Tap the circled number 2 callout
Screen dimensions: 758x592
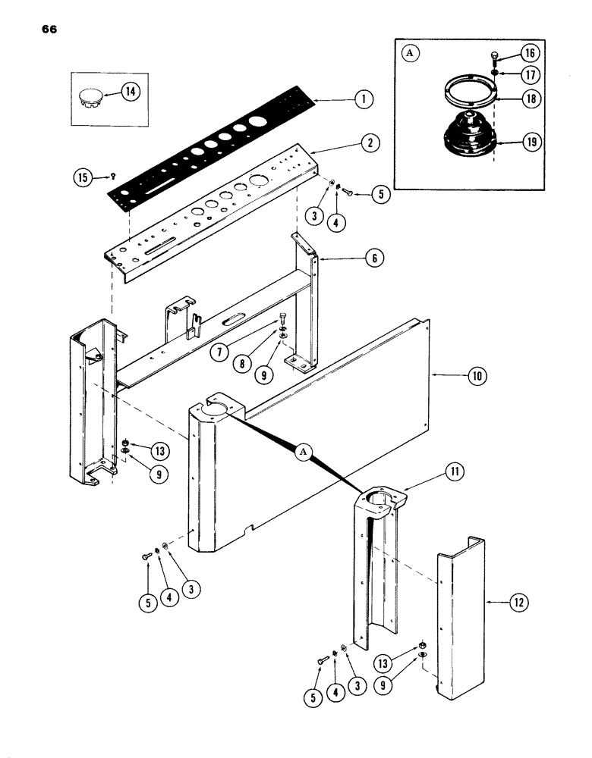tap(370, 143)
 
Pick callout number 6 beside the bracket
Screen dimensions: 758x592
tap(372, 258)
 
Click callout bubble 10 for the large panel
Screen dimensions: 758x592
tap(478, 375)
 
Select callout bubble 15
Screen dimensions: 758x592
tap(82, 177)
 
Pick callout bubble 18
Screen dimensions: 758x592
tap(529, 99)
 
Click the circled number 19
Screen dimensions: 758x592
tap(529, 143)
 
